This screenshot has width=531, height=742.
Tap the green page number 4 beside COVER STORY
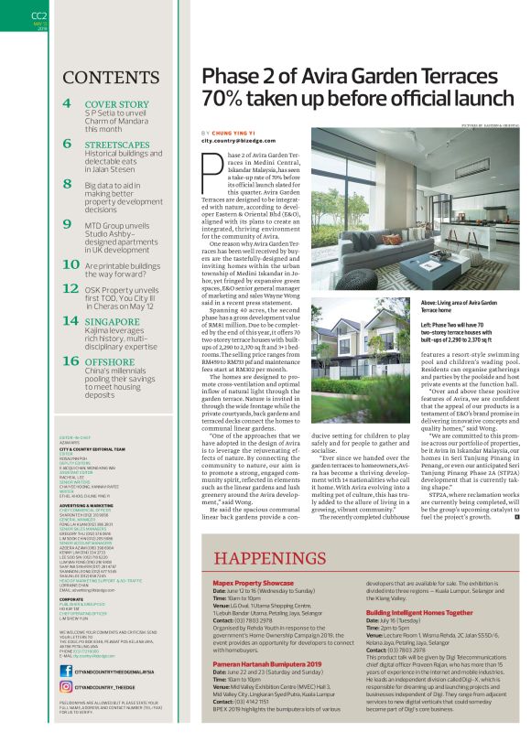click(x=68, y=104)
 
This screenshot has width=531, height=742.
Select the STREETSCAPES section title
click(x=118, y=145)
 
